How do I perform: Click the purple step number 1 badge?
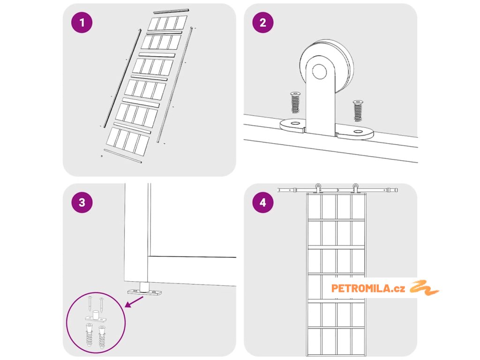[82, 23]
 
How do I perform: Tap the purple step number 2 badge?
[262, 23]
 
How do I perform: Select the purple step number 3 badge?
[82, 202]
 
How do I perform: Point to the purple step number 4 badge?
[262, 202]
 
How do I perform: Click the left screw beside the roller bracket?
[295, 102]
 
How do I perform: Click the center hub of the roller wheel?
[320, 72]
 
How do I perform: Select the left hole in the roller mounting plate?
[294, 124]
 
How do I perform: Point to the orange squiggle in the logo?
[424, 287]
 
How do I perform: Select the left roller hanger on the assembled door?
[318, 188]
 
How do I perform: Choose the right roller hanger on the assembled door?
[356, 188]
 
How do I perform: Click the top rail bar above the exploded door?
[171, 11]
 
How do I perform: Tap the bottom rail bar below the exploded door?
[122, 156]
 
